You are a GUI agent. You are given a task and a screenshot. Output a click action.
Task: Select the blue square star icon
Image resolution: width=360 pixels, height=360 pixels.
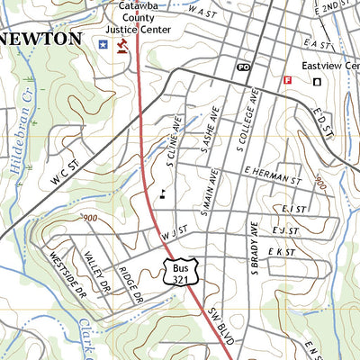(103, 43)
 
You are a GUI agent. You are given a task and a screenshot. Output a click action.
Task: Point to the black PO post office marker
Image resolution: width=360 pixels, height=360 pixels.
(243, 67)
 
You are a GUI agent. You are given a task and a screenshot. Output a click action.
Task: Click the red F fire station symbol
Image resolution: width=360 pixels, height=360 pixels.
(288, 79)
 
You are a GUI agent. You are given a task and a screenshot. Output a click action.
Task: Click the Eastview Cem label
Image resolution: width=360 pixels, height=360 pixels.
(330, 66)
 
